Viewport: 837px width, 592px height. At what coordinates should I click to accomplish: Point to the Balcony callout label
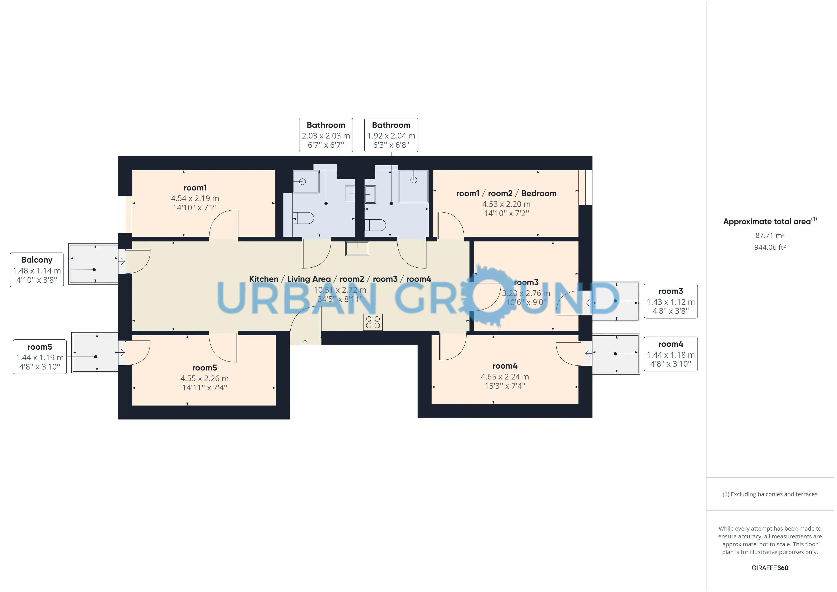37,270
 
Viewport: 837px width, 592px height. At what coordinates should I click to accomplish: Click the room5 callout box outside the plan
40,356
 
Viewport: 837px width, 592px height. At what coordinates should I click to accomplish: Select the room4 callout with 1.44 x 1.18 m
671,354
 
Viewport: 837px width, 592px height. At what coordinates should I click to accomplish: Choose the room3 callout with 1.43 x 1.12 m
671,301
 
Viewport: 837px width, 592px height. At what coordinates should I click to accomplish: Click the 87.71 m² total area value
770,236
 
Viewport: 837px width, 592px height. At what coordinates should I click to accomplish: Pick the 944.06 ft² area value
770,247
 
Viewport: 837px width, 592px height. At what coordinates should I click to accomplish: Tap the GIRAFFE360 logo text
770,568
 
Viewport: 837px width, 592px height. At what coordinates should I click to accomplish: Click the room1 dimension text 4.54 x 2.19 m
195,198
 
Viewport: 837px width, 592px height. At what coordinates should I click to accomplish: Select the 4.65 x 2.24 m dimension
505,377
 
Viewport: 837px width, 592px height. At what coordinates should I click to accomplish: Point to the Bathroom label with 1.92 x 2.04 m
391,135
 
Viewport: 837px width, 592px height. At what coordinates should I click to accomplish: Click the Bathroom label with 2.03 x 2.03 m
326,135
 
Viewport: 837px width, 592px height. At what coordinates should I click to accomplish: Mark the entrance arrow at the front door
305,343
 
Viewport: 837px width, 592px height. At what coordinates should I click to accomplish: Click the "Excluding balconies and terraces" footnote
770,494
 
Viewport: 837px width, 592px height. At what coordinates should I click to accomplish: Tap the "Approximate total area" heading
770,221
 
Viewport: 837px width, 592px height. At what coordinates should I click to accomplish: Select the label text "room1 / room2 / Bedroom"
506,193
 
